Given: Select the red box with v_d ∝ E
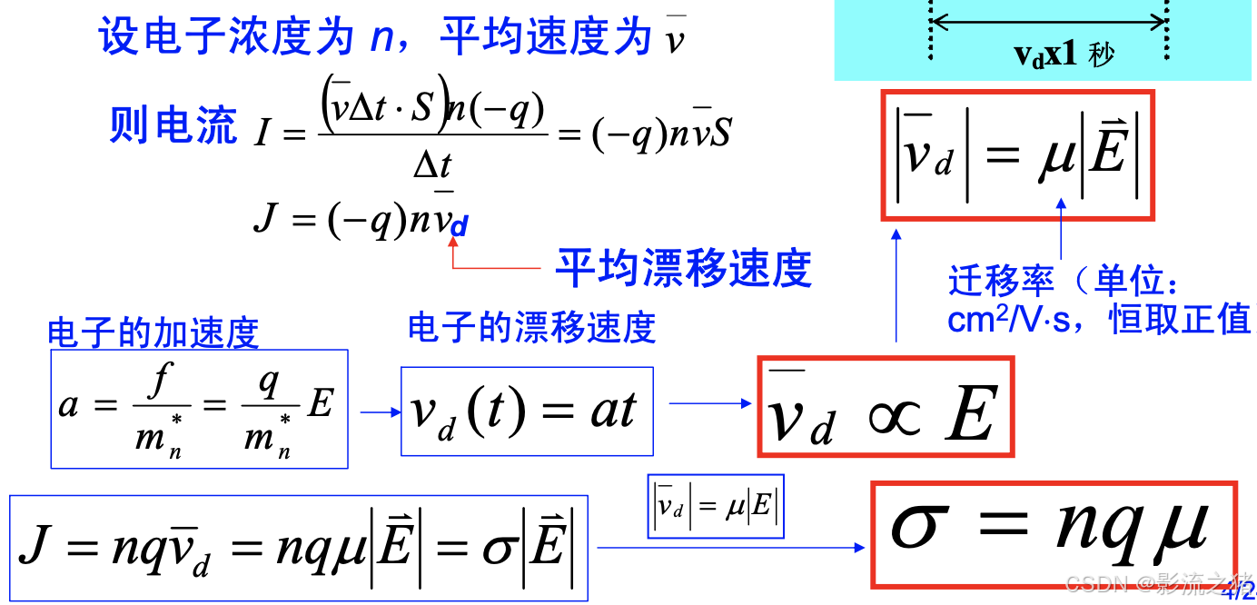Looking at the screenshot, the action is coord(886,406).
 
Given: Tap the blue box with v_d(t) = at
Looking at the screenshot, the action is coord(527,411).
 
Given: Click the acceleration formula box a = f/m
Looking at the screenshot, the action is coord(199,409).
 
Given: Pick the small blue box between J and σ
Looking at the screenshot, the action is coord(715,506).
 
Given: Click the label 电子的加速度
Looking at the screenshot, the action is coord(153,333).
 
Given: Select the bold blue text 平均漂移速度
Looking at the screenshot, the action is coord(683,268).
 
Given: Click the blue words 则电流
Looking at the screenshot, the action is coord(173,125).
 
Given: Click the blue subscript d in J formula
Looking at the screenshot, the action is coord(459,227).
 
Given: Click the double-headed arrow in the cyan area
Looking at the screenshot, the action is coord(1048,20).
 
